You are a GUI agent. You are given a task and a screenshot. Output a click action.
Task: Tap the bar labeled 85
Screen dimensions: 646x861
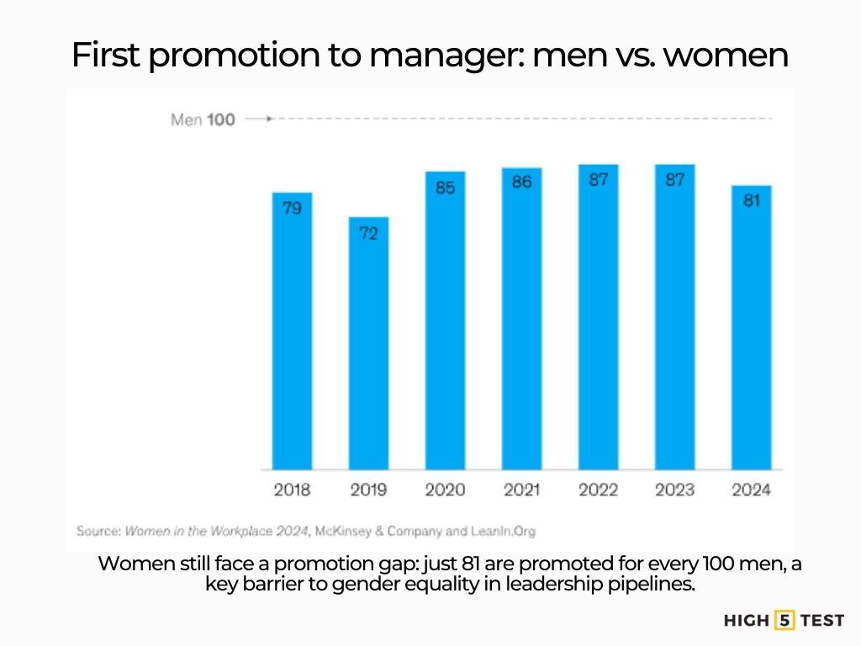click(445, 320)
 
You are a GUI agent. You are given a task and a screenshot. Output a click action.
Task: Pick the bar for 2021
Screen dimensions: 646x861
click(521, 319)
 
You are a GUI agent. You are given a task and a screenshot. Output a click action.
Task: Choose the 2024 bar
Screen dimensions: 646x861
click(751, 327)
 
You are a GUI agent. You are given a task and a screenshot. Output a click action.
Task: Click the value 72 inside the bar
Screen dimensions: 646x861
click(368, 233)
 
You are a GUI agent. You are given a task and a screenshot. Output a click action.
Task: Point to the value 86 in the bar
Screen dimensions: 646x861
click(521, 182)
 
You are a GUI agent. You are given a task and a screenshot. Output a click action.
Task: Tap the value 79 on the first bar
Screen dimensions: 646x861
click(292, 208)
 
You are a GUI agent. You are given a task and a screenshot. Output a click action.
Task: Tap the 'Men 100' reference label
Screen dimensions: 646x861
click(203, 119)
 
